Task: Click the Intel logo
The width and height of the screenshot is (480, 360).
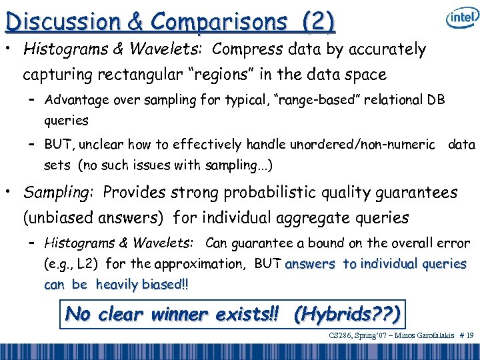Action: coord(461,19)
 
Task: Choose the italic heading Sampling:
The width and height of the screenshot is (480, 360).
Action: coord(60,193)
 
